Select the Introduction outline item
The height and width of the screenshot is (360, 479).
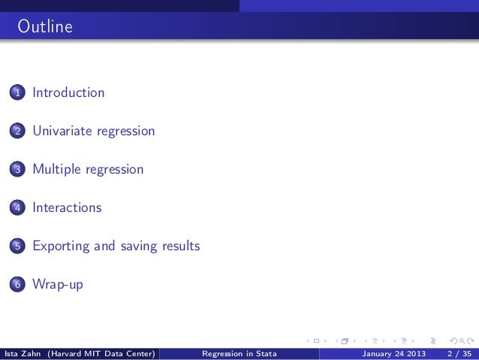[x=68, y=93]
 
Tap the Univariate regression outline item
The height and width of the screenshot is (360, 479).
[x=93, y=132]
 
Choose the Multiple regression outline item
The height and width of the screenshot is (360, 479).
[x=87, y=170]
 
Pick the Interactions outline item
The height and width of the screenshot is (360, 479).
[x=67, y=207]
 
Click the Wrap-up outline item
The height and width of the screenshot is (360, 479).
[x=57, y=284]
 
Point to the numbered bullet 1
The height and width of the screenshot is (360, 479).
[x=16, y=94]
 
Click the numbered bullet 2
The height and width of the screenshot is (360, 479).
[x=16, y=132]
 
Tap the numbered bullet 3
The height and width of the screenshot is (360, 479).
[x=16, y=171]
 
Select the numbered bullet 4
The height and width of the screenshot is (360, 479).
[x=16, y=208]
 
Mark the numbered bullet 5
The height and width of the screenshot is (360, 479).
[x=16, y=247]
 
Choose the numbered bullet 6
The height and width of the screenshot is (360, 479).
[x=16, y=285]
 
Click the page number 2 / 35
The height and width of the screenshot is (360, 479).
[x=458, y=353]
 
